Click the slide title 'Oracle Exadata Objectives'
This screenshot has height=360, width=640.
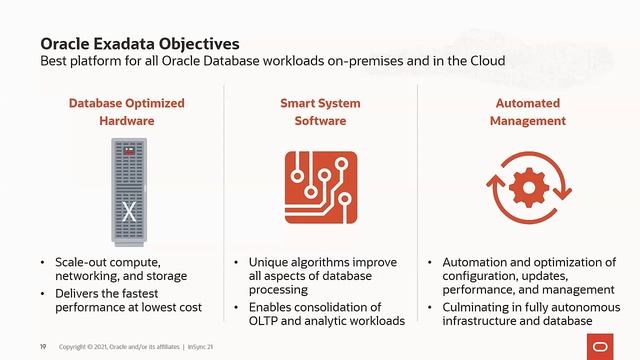pos(139,44)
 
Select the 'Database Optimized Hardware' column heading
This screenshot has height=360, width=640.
pos(126,112)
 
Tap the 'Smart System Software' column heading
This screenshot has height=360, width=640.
pos(320,112)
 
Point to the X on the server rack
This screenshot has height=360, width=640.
pos(128,213)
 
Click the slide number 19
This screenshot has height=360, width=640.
pos(42,347)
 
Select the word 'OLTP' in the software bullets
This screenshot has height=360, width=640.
pos(265,320)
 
